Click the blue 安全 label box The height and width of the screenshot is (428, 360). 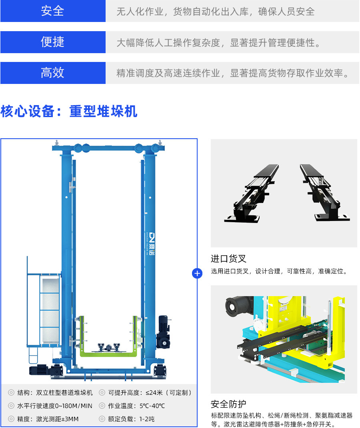coord(53,11)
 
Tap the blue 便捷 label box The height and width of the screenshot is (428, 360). coord(53,42)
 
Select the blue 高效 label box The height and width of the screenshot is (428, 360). coord(53,73)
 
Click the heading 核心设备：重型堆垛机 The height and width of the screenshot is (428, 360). coord(69,111)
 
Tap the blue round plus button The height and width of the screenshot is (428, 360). coord(197,273)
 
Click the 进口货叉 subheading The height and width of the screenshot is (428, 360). coord(228,259)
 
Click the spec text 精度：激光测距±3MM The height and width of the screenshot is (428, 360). coord(48,419)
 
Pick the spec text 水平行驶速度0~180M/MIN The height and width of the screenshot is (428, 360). coord(54,406)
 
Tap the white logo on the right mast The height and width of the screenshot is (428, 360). coord(148,244)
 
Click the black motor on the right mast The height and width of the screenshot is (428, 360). coord(164,332)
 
